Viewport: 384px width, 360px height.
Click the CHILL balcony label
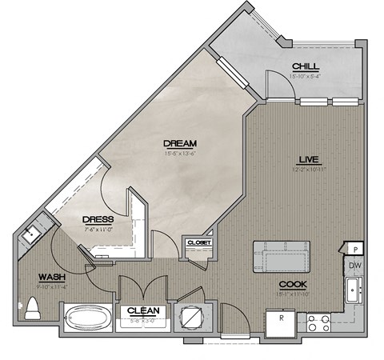pyautogui.click(x=307, y=66)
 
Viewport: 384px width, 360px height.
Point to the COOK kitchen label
pyautogui.click(x=293, y=284)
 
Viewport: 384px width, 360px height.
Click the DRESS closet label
pyautogui.click(x=98, y=218)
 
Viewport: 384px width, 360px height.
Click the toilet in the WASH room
pyautogui.click(x=32, y=308)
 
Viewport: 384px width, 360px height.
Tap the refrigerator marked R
pyautogui.click(x=281, y=320)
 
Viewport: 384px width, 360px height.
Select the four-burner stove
pyautogui.click(x=318, y=322)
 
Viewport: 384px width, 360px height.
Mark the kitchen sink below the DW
pyautogui.click(x=352, y=289)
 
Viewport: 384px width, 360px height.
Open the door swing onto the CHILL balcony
pyautogui.click(x=276, y=82)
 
